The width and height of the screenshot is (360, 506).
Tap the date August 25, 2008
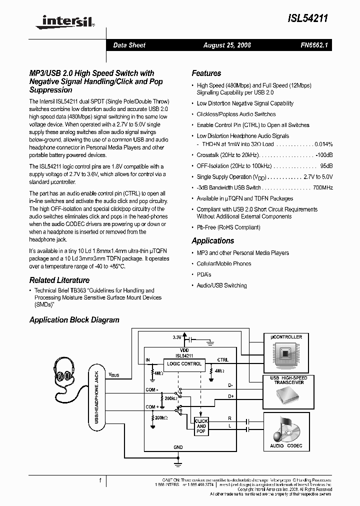click(x=227, y=45)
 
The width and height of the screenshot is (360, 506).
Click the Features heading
click(x=206, y=73)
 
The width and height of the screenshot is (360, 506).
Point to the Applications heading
click(x=213, y=240)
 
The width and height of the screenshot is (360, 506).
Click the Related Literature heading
click(x=59, y=280)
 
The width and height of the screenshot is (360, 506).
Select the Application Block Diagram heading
click(x=74, y=320)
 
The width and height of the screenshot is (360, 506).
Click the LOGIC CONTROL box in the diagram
click(x=184, y=364)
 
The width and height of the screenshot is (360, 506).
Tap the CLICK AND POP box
click(x=201, y=426)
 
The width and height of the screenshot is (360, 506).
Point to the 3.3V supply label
click(x=177, y=337)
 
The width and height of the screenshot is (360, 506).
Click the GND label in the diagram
click(x=178, y=447)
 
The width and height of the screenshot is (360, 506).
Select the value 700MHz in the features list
click(x=322, y=187)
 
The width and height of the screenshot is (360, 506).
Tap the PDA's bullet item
click(x=204, y=274)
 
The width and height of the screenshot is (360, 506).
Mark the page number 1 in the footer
click(x=100, y=480)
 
